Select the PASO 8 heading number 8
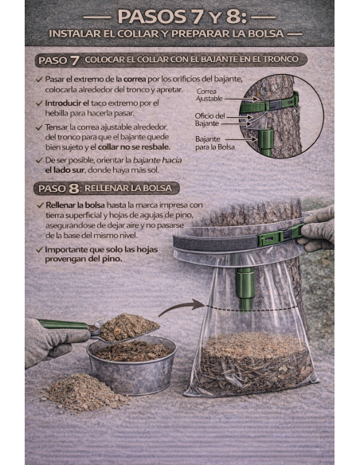[74, 189]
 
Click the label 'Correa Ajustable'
[209, 95]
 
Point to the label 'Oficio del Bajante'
[209, 119]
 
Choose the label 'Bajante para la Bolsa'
[215, 143]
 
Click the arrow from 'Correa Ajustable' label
[241, 99]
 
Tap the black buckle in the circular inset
[275, 104]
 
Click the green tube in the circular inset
[266, 142]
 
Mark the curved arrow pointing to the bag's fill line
[180, 307]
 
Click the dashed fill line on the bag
[252, 308]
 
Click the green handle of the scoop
[62, 324]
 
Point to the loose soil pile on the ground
[84, 392]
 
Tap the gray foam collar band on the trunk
[217, 243]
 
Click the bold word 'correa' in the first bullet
[135, 80]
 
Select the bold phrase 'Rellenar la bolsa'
[75, 205]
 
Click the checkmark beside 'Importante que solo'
[39, 250]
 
